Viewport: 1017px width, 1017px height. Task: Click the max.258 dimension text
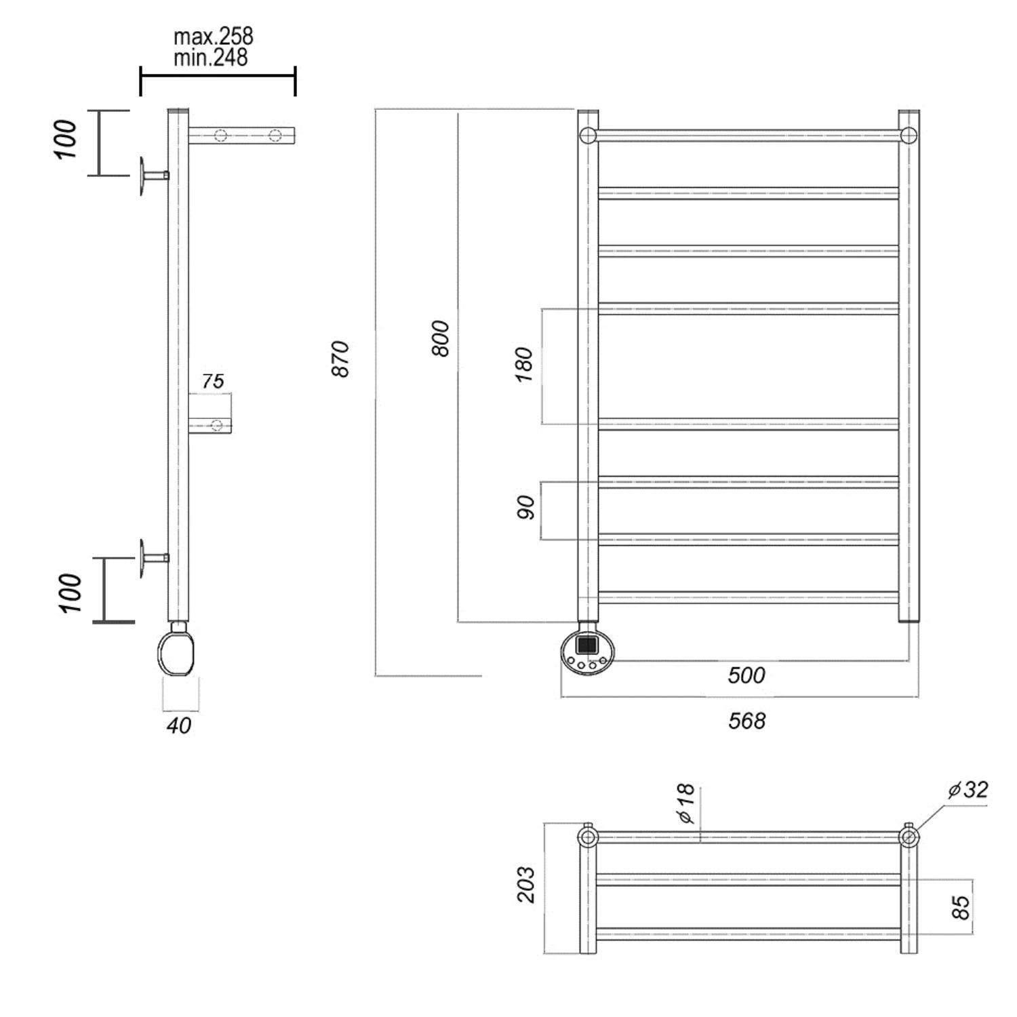(213, 36)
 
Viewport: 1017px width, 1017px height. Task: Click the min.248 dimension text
(211, 58)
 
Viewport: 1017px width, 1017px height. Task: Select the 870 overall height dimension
(340, 359)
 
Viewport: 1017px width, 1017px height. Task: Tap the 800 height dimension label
(440, 338)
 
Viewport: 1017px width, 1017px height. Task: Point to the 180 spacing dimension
(524, 365)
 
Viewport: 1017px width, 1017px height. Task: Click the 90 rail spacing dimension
(525, 507)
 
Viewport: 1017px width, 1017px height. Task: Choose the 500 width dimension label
(746, 675)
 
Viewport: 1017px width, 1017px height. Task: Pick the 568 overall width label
(746, 721)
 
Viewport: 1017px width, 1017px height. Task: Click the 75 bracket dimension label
(212, 382)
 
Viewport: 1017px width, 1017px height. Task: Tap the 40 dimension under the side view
(179, 725)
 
